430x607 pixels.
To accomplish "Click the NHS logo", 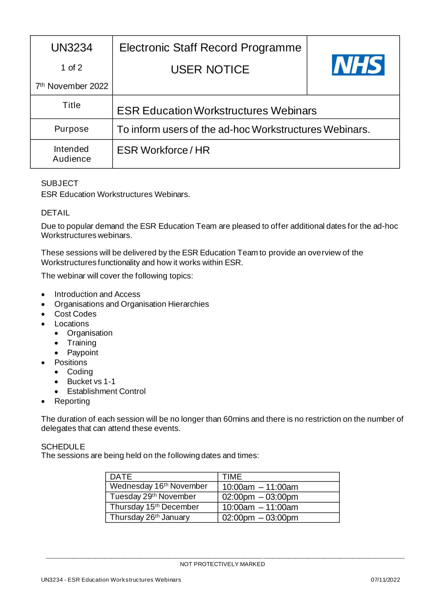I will point(358,65).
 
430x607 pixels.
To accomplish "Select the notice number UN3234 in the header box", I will point(72,48).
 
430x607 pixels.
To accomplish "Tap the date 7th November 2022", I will point(72,86).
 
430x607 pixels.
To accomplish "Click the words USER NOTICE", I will point(210,70).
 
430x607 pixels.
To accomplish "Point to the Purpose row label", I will point(71,129).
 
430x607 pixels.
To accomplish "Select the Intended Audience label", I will point(71,154).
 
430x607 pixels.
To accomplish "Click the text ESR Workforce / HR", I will point(163,150).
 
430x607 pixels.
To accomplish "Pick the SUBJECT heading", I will point(60,183).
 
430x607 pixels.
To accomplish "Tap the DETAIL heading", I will point(55,213).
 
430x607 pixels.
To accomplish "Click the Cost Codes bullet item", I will point(75,314).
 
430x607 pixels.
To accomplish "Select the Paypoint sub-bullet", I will point(83,352).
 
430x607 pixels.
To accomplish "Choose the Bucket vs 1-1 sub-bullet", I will point(91,381).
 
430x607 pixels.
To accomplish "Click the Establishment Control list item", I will point(106,391).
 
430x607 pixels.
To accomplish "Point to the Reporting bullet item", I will point(72,401).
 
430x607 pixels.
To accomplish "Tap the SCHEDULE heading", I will point(63,446).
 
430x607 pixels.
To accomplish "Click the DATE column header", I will point(121,476).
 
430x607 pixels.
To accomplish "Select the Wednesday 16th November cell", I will point(159,486).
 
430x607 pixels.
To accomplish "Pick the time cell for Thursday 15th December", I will point(260,507).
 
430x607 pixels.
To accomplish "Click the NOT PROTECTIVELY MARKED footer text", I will point(222,564).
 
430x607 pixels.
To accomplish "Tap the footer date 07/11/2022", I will point(385,580).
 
